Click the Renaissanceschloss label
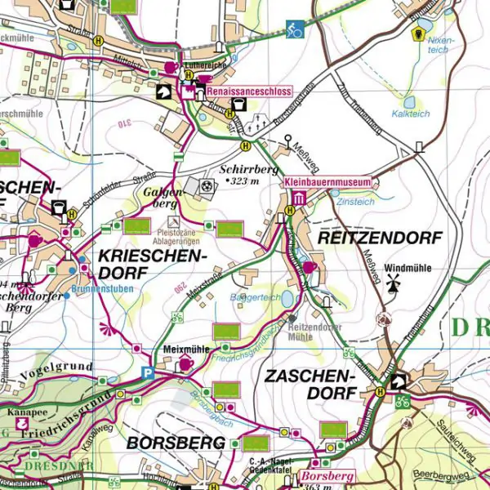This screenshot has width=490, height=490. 249,93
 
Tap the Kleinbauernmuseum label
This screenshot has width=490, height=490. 327,181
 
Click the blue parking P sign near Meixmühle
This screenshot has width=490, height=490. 148,372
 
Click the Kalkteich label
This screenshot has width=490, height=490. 410,114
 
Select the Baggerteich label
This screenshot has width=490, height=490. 256,297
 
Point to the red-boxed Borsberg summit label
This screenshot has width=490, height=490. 326,475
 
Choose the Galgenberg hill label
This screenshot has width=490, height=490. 161,196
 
